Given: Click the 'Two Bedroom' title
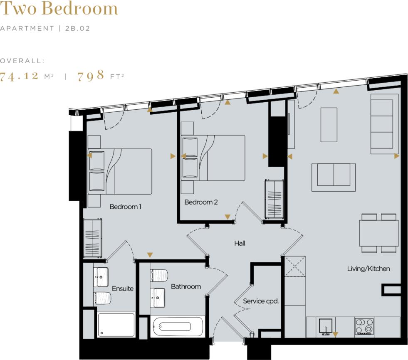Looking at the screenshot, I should [59, 8].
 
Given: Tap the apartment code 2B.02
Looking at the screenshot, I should [78, 29].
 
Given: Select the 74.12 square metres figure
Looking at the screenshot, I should [20, 76].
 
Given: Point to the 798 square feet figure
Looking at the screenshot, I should [91, 76].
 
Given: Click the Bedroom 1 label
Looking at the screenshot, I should [125, 207].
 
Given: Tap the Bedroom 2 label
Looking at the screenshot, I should [201, 202].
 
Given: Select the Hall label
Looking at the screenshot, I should [240, 244].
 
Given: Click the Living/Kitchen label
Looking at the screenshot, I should [368, 269].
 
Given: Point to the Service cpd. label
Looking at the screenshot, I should [261, 301].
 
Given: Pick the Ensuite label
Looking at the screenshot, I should [123, 288].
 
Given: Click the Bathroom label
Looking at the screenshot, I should [185, 286].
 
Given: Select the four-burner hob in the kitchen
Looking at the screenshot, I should [364, 327].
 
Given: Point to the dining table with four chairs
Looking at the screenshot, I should [378, 233].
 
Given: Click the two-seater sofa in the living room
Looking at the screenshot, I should [334, 177].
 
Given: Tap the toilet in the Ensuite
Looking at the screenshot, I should [102, 298].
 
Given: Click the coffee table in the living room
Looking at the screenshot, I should [329, 125].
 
